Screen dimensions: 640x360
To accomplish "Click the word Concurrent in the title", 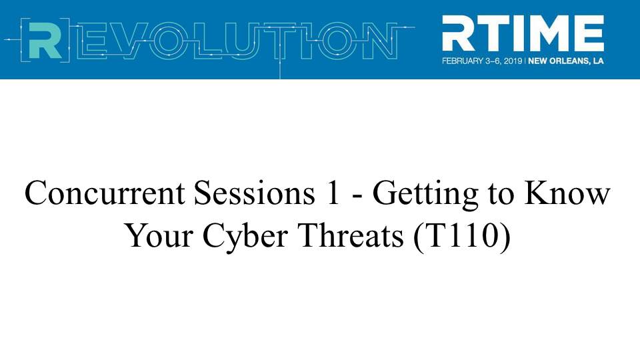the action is pyautogui.click(x=105, y=193).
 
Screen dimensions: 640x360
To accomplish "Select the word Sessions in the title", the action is pyautogui.click(x=254, y=193).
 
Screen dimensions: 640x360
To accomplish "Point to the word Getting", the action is pyautogui.click(x=425, y=195).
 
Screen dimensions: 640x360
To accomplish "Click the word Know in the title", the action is pyautogui.click(x=567, y=193).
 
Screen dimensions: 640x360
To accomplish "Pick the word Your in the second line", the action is pyautogui.click(x=159, y=236).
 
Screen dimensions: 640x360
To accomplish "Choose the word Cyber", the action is pyautogui.click(x=245, y=238).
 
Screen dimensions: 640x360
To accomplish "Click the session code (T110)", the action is pyautogui.click(x=461, y=237).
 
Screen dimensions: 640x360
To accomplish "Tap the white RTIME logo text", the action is pyautogui.click(x=523, y=33).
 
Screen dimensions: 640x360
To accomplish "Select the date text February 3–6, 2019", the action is pyautogui.click(x=483, y=61).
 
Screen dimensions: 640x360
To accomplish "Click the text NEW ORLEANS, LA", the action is pyautogui.click(x=566, y=61).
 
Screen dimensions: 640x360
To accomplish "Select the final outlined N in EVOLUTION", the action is pyautogui.click(x=378, y=41).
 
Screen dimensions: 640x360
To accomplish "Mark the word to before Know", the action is pyautogui.click(x=501, y=194).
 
